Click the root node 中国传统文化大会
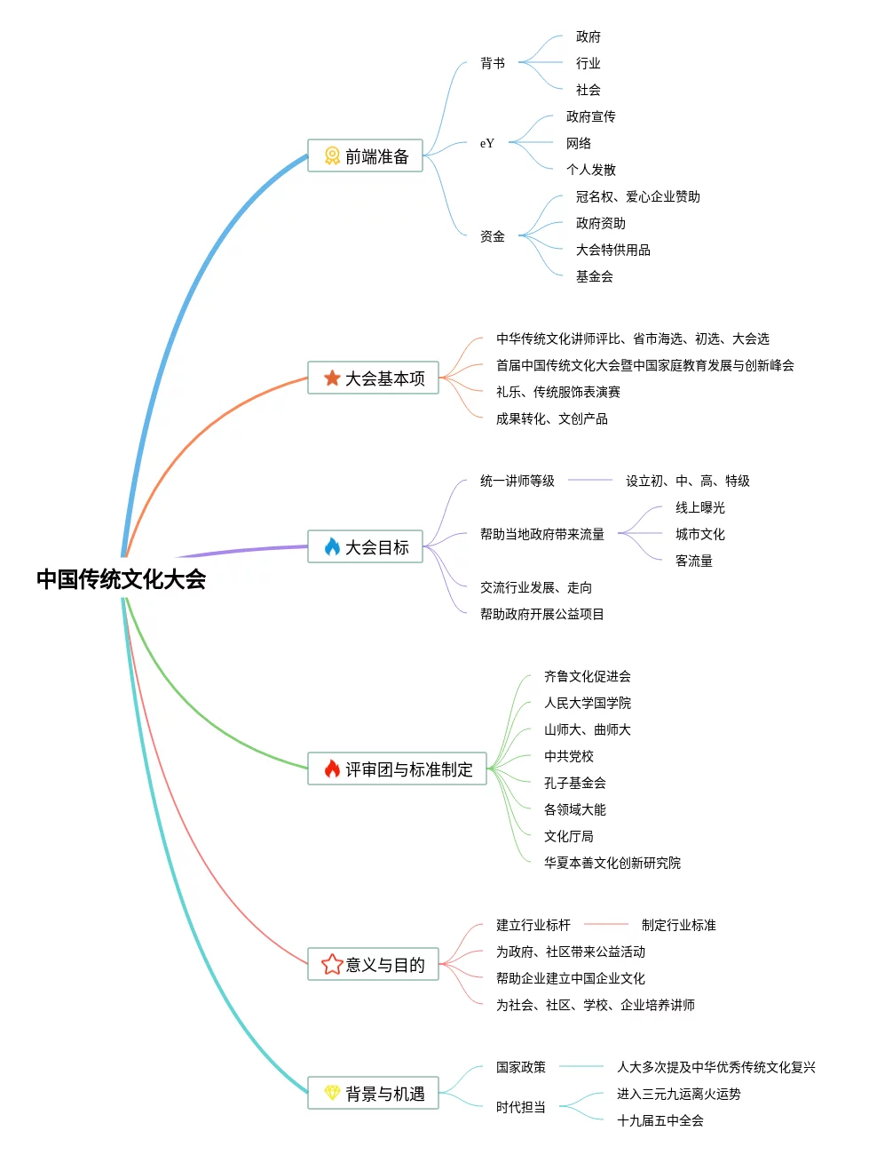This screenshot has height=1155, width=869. click(121, 579)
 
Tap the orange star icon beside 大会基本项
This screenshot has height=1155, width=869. click(332, 378)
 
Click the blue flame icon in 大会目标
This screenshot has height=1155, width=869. click(332, 547)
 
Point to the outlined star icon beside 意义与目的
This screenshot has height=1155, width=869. click(332, 965)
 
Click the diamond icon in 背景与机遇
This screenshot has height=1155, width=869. click(332, 1094)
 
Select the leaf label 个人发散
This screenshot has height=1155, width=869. click(590, 170)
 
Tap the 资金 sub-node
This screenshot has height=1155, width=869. click(493, 236)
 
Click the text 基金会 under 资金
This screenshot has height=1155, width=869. click(594, 276)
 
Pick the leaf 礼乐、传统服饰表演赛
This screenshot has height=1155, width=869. click(557, 392)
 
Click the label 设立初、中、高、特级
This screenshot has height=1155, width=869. click(687, 481)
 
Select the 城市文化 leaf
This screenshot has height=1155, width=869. click(699, 534)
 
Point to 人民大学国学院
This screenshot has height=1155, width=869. click(587, 703)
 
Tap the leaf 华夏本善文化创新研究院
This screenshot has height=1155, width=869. click(612, 863)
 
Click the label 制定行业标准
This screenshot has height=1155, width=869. click(678, 925)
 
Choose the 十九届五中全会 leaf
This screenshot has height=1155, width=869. click(660, 1120)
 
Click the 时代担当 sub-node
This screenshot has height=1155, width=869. click(520, 1107)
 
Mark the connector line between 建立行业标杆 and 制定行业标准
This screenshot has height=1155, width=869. click(606, 925)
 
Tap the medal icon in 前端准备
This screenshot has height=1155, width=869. click(332, 156)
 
